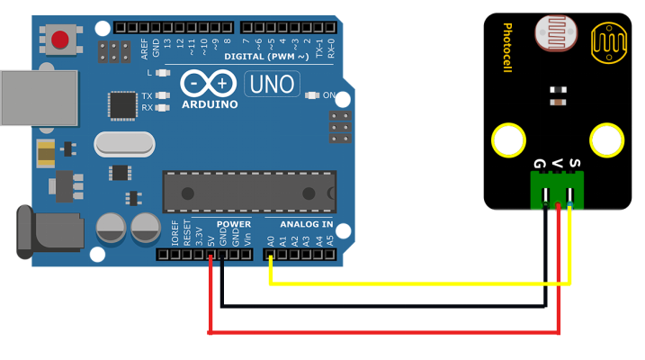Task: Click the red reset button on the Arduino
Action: click(60, 40)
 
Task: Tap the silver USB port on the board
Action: click(38, 98)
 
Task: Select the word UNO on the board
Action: click(273, 85)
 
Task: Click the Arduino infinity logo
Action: click(210, 84)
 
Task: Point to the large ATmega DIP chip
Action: click(249, 192)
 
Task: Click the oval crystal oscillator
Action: click(125, 143)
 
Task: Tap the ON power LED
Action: click(312, 94)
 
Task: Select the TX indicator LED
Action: click(162, 95)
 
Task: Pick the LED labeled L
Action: click(162, 73)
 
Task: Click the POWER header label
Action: click(233, 224)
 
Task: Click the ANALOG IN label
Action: click(306, 224)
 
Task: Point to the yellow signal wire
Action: click(414, 283)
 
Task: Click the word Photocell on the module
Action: click(507, 48)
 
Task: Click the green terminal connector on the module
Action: click(556, 188)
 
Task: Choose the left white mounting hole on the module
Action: click(508, 141)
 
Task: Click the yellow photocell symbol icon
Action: click(608, 42)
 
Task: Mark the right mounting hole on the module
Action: click(606, 140)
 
